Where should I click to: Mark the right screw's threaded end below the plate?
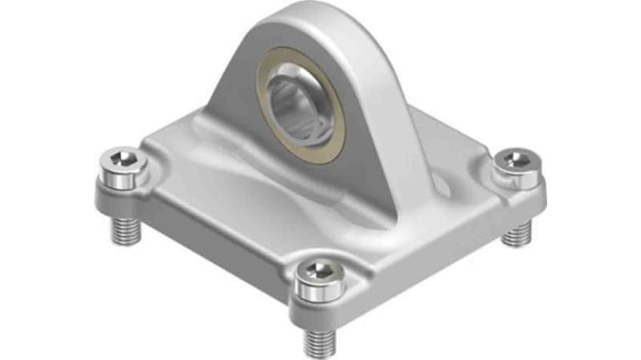tap(516, 232)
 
